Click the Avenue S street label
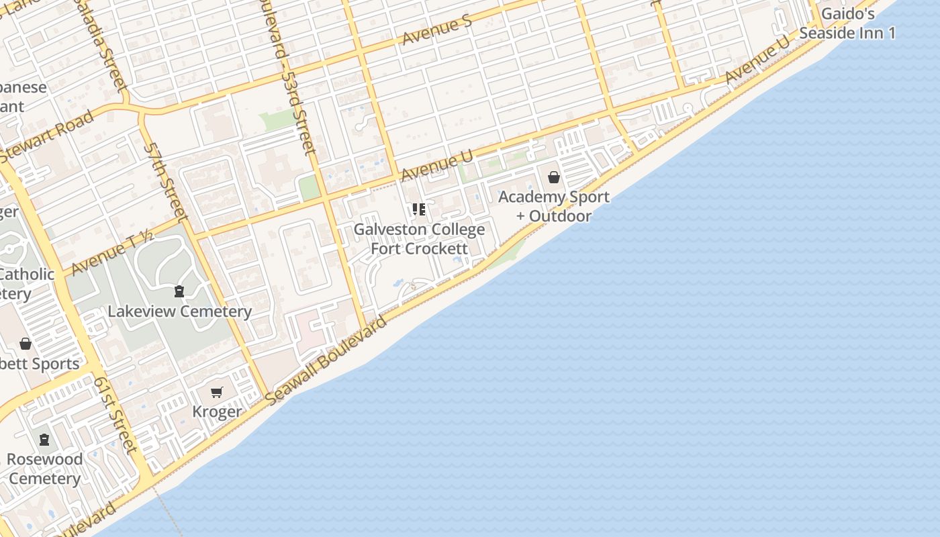(x=437, y=30)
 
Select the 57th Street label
(x=164, y=182)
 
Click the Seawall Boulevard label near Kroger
(x=326, y=360)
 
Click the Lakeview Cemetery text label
(x=179, y=311)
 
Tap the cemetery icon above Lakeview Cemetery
(x=179, y=291)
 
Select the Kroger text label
(x=217, y=411)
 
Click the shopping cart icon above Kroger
(x=216, y=392)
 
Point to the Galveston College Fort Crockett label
(x=419, y=239)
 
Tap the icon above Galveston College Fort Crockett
(x=419, y=209)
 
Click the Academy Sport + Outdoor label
(x=554, y=206)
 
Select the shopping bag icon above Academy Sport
(x=554, y=177)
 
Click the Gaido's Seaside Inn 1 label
(x=847, y=23)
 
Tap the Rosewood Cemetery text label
(x=45, y=469)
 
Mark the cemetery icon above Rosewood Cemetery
(x=44, y=440)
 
